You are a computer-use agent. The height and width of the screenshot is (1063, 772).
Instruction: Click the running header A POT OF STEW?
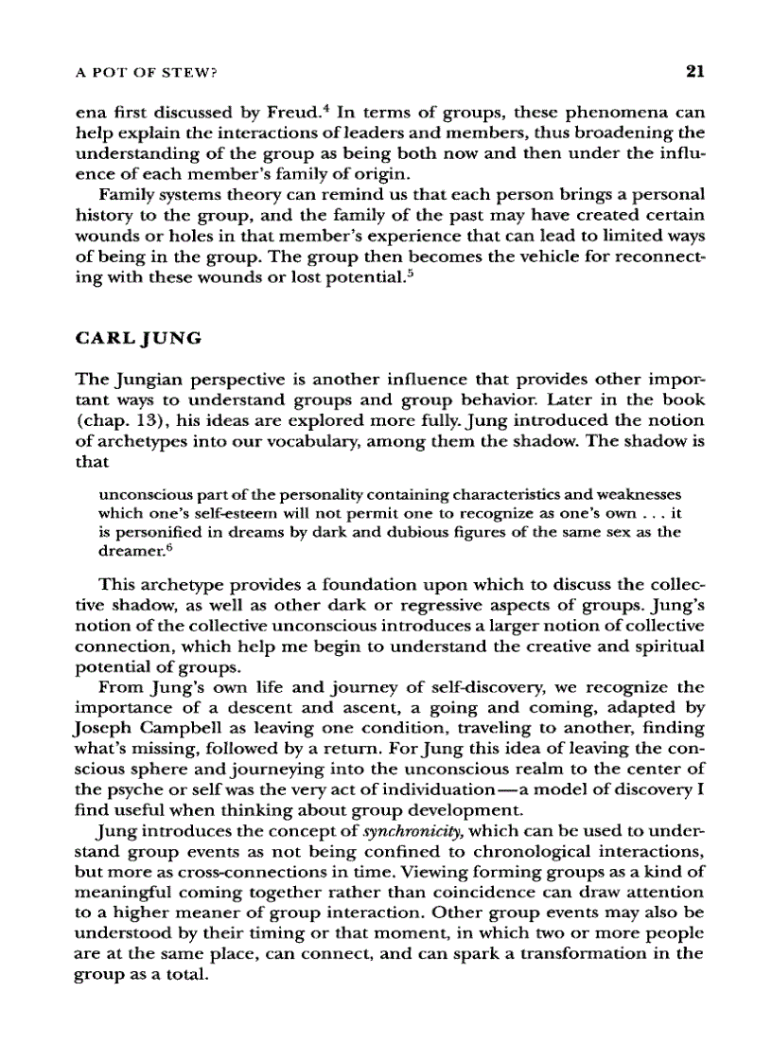pyautogui.click(x=149, y=73)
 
